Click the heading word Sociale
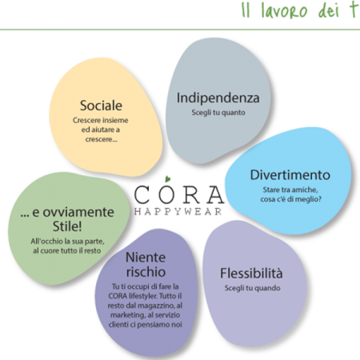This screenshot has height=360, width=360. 101,106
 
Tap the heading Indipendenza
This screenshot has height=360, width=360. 218,98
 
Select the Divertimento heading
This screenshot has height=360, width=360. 290,175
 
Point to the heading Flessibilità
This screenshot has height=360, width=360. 251,273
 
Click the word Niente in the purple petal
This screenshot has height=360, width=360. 146,258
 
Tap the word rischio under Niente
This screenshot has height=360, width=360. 146,272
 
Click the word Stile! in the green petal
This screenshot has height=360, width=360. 67,226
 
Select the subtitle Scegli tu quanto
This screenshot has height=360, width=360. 218,113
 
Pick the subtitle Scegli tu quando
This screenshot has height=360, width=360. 252,288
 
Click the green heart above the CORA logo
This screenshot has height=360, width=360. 167,179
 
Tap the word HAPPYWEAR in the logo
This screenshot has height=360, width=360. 178,211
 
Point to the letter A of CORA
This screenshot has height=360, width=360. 215,194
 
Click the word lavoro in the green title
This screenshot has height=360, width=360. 284,11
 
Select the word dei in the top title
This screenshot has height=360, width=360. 329,11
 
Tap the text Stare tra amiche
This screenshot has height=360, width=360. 290,190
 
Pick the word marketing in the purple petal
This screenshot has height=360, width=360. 128,315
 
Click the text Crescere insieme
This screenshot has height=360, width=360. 101,120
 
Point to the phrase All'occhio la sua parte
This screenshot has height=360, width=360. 67,241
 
